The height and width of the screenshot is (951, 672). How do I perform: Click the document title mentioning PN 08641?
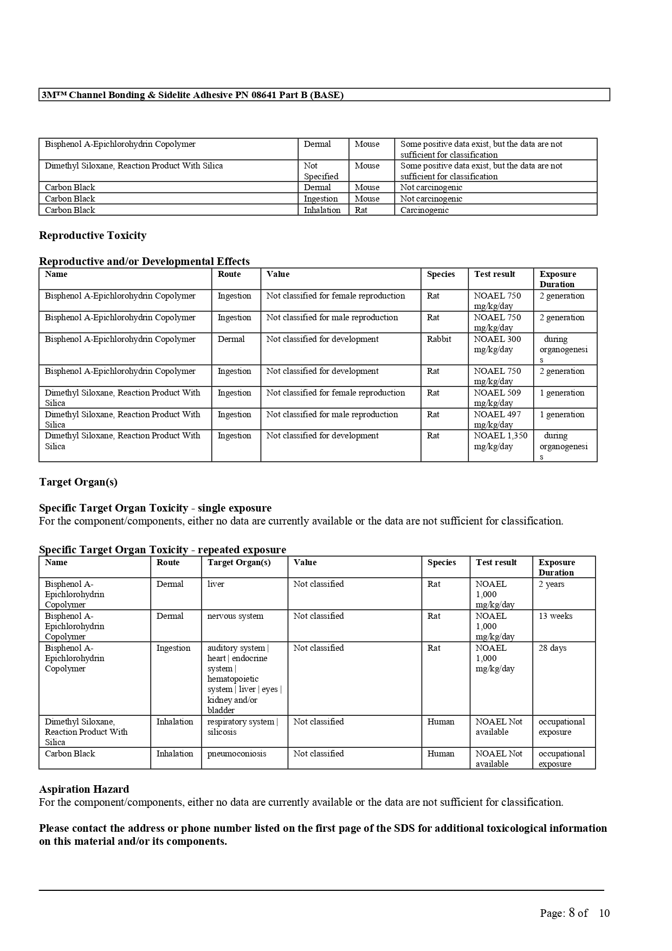[192, 95]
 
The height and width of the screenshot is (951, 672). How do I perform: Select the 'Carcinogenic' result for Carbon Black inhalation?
[424, 210]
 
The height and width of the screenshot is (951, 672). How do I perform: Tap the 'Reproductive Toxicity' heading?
[93, 236]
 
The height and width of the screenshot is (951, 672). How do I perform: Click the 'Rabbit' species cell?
[439, 339]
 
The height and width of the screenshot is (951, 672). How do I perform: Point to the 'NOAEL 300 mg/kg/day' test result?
[497, 345]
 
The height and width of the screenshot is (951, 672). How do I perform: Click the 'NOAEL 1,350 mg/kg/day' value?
[500, 441]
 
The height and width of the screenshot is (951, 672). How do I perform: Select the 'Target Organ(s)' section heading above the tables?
[78, 482]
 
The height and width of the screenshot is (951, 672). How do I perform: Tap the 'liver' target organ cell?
[216, 584]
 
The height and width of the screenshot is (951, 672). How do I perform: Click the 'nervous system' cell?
[235, 616]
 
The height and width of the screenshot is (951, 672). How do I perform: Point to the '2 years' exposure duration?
[551, 584]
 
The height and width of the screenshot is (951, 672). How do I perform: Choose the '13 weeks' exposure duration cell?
[555, 616]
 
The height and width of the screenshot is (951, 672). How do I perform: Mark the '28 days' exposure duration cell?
[552, 648]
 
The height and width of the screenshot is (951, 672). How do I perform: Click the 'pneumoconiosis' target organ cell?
[237, 754]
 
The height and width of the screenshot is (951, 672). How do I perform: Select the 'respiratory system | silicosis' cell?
[242, 727]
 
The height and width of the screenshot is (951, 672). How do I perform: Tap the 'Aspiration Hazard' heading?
[84, 790]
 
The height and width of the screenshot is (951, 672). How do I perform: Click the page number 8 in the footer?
[571, 913]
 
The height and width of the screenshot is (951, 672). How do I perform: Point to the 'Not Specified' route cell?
[321, 171]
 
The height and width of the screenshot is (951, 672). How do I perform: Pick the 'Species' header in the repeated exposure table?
[442, 562]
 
